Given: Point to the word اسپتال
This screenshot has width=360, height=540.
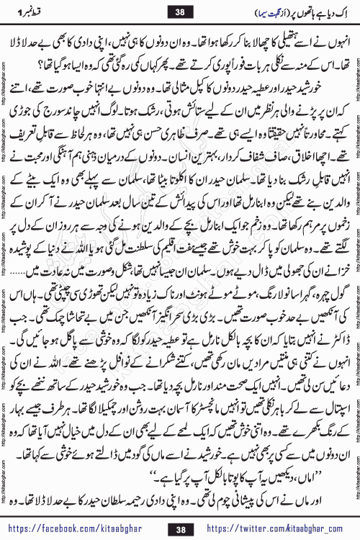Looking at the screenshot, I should (x=333, y=413).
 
